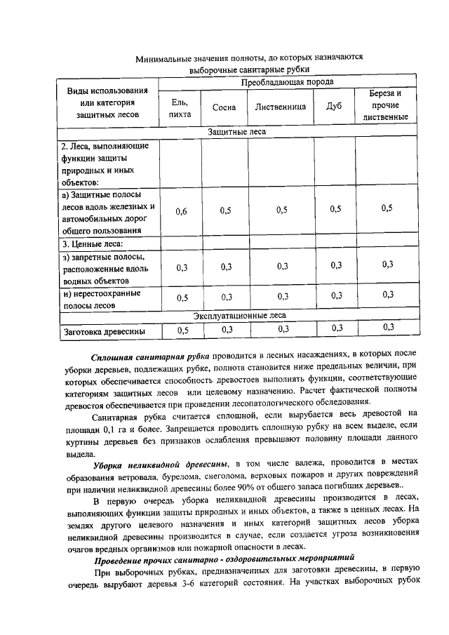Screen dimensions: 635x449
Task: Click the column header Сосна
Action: point(224,109)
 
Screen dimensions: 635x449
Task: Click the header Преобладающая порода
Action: point(287,82)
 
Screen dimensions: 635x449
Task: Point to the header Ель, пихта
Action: point(181,109)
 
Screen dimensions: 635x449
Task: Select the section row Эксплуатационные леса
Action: point(239,316)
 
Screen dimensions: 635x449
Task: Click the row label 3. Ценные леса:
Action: point(92,244)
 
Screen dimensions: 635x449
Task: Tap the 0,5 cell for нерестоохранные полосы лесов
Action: point(182,297)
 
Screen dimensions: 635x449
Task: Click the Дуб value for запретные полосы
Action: point(335,265)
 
